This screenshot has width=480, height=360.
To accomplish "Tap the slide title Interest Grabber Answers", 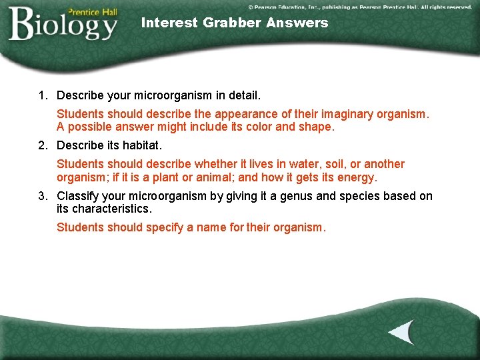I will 235,23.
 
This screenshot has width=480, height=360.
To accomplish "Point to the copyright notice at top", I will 360,7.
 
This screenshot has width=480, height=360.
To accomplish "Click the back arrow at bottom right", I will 401,332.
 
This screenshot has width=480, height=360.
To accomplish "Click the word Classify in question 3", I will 78,196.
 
